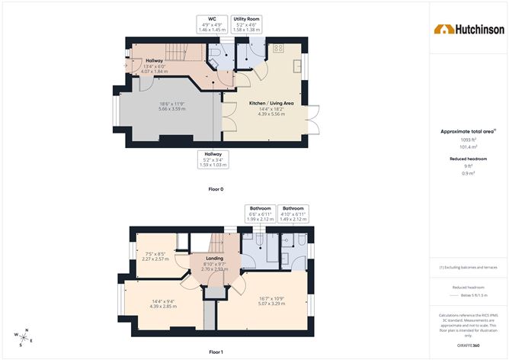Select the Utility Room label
click(x=246, y=24)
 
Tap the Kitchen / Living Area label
click(x=271, y=108)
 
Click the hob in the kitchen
click(x=278, y=47)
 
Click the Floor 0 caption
click(x=216, y=188)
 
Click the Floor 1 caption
click(x=216, y=352)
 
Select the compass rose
click(x=23, y=336)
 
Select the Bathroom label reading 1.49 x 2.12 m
click(x=293, y=213)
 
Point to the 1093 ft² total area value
click(x=468, y=140)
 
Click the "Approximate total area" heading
click(x=467, y=131)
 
